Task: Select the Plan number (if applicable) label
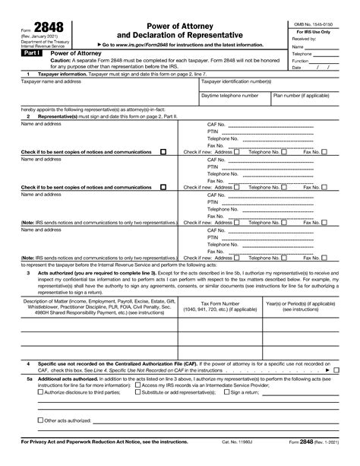tap(302, 97)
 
